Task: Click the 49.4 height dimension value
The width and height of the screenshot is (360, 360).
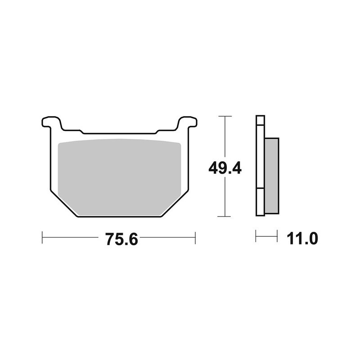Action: [225, 168]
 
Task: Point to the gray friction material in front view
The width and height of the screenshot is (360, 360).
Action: [120, 175]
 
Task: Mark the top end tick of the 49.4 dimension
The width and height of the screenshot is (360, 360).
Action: [225, 116]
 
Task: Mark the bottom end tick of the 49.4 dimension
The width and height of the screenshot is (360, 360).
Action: [225, 216]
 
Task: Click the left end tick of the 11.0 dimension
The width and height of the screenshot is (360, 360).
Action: [256, 236]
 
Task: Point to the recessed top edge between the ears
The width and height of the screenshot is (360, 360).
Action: [119, 134]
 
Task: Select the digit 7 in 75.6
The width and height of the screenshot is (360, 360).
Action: [109, 239]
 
